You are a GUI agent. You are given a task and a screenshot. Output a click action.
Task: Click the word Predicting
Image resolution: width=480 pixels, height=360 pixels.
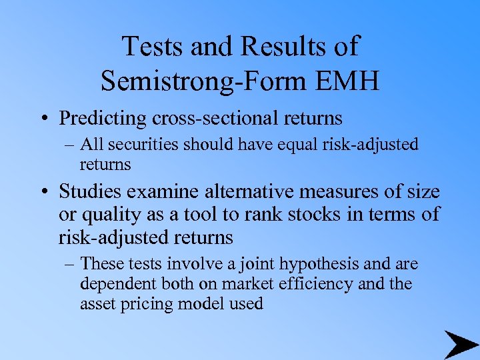click(102, 118)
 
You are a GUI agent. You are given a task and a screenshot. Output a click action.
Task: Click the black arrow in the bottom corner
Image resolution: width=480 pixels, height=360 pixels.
click(460, 344)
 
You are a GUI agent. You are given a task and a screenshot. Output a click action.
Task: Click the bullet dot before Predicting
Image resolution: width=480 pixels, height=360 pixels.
click(45, 119)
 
